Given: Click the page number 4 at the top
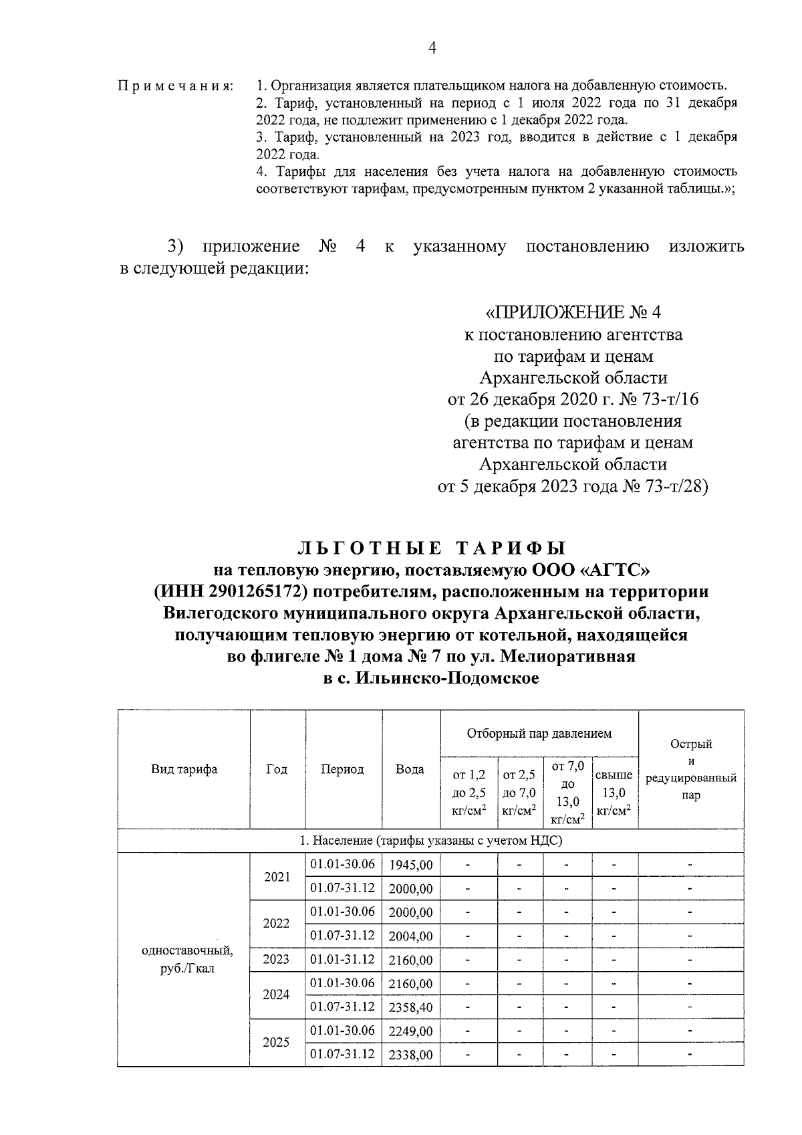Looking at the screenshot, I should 431,48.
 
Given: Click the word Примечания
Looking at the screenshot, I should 176,86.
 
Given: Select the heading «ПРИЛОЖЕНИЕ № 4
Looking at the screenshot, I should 573,312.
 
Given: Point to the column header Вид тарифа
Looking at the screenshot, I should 184,769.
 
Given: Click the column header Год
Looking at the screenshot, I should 277,769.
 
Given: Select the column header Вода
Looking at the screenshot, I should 410,769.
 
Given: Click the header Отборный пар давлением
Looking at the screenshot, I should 539,734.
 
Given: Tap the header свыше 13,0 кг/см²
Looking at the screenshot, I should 614,793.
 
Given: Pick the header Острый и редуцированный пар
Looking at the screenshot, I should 691,769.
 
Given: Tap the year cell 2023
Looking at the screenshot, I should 276,960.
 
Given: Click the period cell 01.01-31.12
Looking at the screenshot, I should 342,960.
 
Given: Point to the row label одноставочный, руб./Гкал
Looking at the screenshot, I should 188,960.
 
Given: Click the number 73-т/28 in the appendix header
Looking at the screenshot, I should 678,486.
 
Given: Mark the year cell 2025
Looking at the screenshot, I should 276,1043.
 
